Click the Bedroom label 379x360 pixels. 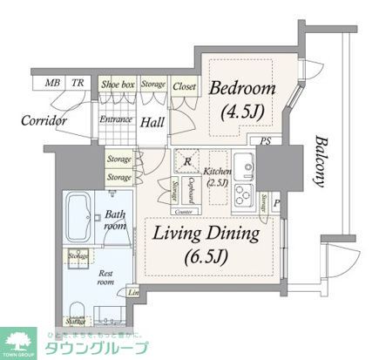(241, 89)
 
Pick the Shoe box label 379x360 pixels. (115, 84)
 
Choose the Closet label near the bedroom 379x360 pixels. (184, 85)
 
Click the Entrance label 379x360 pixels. (115, 119)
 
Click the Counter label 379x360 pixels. (183, 212)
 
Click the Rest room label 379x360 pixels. (105, 277)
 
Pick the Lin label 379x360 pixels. (133, 293)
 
